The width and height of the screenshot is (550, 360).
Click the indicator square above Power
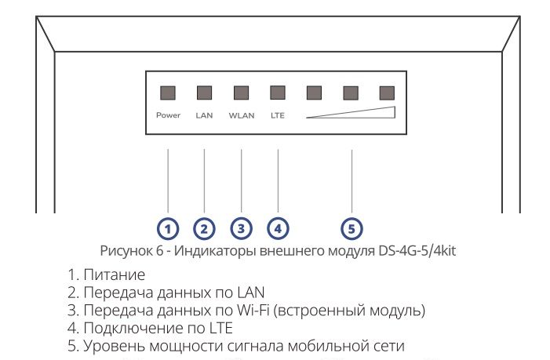click(x=168, y=93)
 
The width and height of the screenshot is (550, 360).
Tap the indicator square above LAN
click(x=204, y=93)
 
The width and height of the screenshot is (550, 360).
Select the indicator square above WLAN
click(x=241, y=93)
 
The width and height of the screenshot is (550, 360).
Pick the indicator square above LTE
click(x=278, y=93)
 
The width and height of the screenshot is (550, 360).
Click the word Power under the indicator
click(x=168, y=115)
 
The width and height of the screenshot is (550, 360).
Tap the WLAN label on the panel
click(x=241, y=115)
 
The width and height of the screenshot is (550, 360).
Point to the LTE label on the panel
click(x=278, y=115)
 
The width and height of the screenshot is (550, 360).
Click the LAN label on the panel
click(x=204, y=115)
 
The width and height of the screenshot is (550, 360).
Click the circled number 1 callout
click(x=168, y=228)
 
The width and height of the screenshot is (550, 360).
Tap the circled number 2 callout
click(x=204, y=228)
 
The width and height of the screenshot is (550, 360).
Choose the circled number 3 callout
click(x=241, y=228)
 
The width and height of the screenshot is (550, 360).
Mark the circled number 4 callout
click(x=278, y=228)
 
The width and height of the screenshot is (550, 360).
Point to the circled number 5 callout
click(x=351, y=228)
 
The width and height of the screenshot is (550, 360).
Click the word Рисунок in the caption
click(x=125, y=250)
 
